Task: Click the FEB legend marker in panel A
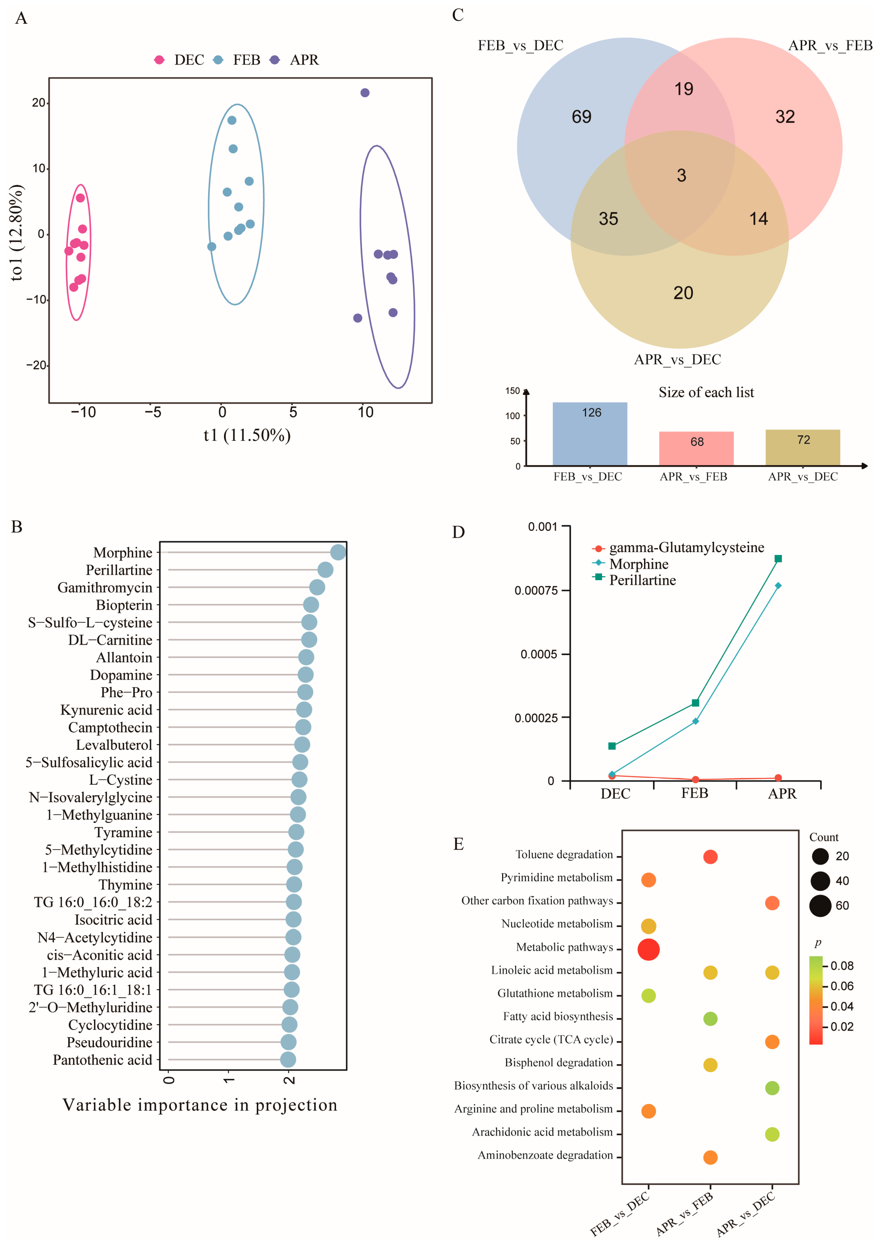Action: (218, 60)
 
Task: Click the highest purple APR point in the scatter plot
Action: (365, 93)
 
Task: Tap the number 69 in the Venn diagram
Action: (581, 117)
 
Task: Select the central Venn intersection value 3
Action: (681, 175)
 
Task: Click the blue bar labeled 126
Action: (590, 434)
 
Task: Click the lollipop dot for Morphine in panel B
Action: (338, 552)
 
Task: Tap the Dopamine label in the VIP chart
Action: (121, 675)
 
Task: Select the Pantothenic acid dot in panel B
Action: (288, 1060)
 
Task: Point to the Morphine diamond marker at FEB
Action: (695, 721)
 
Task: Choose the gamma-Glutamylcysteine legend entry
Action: (686, 547)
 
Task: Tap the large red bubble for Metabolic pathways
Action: (648, 950)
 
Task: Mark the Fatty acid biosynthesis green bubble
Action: (710, 1019)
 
